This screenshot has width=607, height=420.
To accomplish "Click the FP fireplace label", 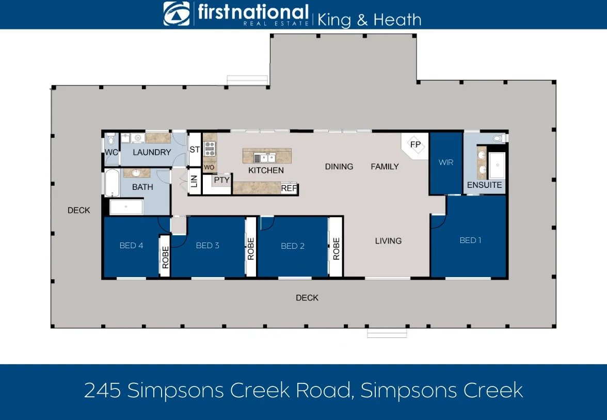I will [x=416, y=144].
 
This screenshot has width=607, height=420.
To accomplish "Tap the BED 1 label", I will [x=470, y=240].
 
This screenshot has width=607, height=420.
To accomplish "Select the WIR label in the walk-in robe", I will [x=446, y=162].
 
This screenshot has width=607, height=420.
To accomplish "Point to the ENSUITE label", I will [x=484, y=185].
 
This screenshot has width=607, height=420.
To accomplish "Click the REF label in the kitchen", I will [x=289, y=189].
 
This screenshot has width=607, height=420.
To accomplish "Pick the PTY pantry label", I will [x=221, y=180].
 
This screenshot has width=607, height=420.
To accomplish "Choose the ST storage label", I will [x=195, y=150].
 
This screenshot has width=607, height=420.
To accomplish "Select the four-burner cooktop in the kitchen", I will [x=210, y=149].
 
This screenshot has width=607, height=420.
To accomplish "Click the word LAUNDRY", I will [x=152, y=152].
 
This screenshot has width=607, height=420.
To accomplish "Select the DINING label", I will [x=339, y=167].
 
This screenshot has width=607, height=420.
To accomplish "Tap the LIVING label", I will [x=388, y=240].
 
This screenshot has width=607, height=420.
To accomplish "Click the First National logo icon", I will [x=177, y=14].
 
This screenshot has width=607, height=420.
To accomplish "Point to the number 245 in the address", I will [x=102, y=391].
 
